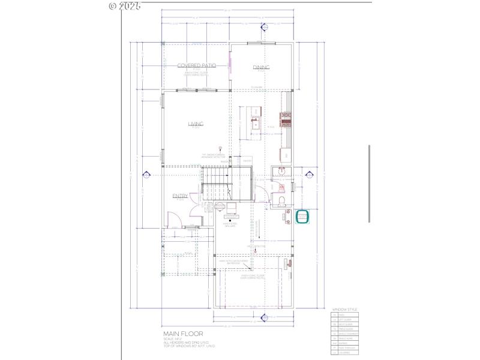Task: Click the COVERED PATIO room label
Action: (x=196, y=65)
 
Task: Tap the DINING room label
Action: (x=261, y=68)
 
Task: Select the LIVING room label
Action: (x=196, y=124)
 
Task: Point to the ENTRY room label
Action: (x=180, y=196)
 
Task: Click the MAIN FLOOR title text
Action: (x=183, y=334)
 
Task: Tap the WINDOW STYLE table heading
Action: (x=344, y=310)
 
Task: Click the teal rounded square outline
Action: (x=302, y=217)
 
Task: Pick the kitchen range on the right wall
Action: (x=286, y=119)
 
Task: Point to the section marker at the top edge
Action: (x=262, y=26)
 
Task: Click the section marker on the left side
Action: (x=145, y=175)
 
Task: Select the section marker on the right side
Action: (x=311, y=175)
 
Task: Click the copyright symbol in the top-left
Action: (x=112, y=6)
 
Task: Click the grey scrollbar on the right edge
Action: (x=369, y=184)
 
